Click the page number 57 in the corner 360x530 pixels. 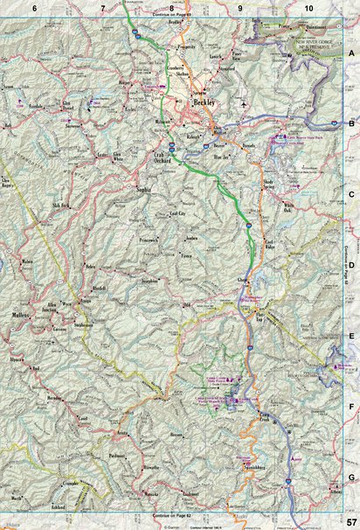[x=349, y=522]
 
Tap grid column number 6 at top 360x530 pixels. [x=34, y=7]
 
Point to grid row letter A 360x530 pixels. [x=351, y=54]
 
